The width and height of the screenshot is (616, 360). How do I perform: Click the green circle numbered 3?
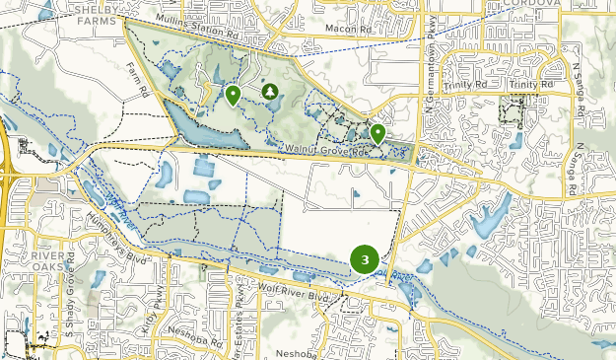[365, 259]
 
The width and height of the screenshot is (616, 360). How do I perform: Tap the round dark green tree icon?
[268, 91]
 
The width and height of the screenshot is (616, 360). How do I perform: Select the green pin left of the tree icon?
[233, 95]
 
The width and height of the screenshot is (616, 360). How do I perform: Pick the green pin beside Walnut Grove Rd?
[377, 133]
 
